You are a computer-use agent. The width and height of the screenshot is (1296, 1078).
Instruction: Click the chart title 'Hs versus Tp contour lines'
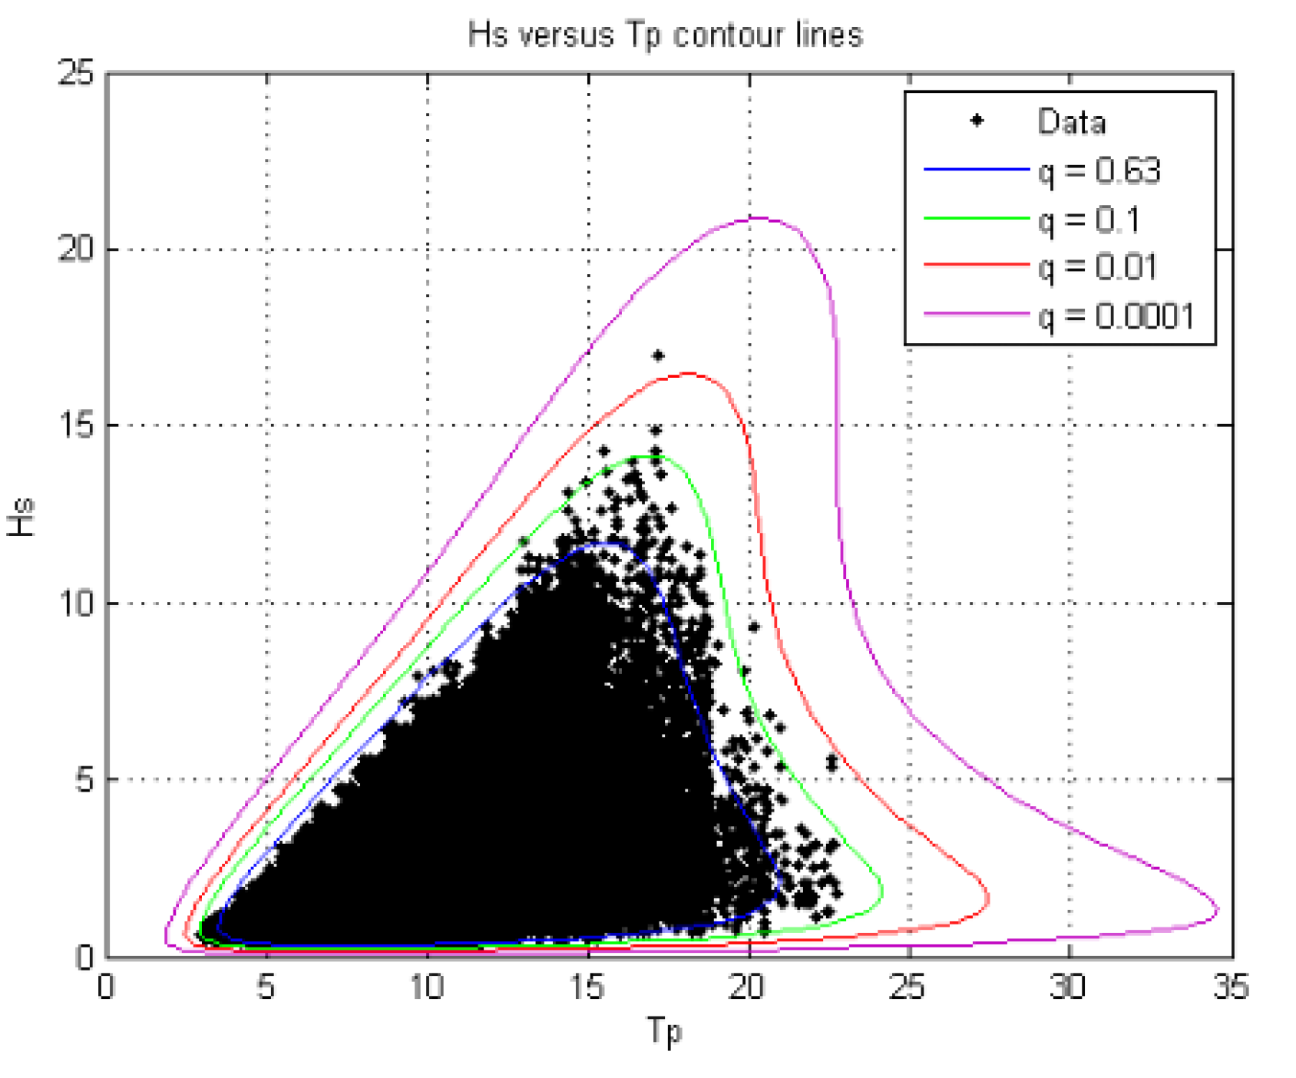(x=665, y=35)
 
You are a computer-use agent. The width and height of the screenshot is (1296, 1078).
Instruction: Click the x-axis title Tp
(x=664, y=1030)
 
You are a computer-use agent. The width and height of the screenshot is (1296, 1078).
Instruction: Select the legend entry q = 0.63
(x=1099, y=170)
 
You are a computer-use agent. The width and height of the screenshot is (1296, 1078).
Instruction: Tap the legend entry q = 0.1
(x=1089, y=220)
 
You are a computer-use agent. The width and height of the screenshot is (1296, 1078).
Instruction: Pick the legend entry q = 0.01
(x=1098, y=267)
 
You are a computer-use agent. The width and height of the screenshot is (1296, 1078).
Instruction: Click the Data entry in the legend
(x=1071, y=122)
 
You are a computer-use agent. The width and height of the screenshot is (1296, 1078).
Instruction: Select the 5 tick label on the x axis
(x=266, y=987)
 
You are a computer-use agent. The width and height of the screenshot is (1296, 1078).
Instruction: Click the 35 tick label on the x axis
(x=1231, y=987)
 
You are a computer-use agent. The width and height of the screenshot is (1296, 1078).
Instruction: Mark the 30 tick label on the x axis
(x=1069, y=987)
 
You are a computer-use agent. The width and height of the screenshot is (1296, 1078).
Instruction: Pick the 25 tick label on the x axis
(x=908, y=987)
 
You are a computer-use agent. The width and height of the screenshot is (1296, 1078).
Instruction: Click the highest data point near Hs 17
(x=658, y=355)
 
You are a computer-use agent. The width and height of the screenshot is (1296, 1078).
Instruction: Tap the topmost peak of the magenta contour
(x=756, y=218)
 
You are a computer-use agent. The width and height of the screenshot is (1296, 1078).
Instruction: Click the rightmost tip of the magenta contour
(x=1218, y=911)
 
